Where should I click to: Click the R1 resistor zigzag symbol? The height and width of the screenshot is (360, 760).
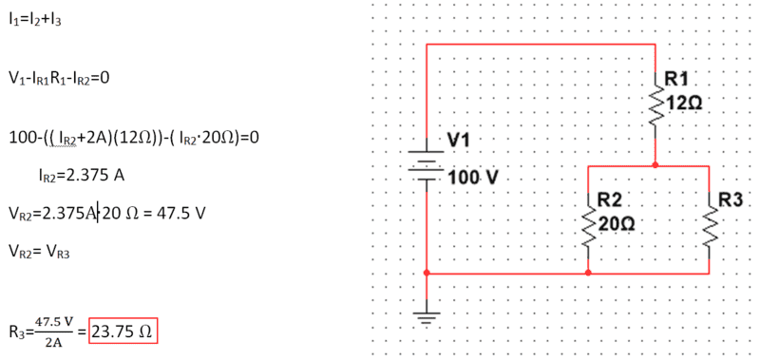tap(655, 105)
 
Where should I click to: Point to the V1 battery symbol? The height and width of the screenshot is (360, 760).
tap(427, 165)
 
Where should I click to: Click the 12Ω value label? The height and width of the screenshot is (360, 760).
tap(683, 103)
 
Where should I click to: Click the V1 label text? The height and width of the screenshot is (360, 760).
tap(458, 141)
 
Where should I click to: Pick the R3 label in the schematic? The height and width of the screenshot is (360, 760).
tap(731, 199)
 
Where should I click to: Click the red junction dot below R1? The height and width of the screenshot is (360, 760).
tap(655, 165)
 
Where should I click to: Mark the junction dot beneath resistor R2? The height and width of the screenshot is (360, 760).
tap(588, 274)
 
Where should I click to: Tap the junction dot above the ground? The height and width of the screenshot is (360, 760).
tap(427, 274)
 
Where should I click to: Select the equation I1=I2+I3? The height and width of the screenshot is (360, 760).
tap(35, 19)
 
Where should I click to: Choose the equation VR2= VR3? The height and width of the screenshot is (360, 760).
tap(39, 252)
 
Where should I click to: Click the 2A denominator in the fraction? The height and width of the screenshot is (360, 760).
tap(53, 343)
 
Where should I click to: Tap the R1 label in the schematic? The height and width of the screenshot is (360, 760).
tap(676, 79)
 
